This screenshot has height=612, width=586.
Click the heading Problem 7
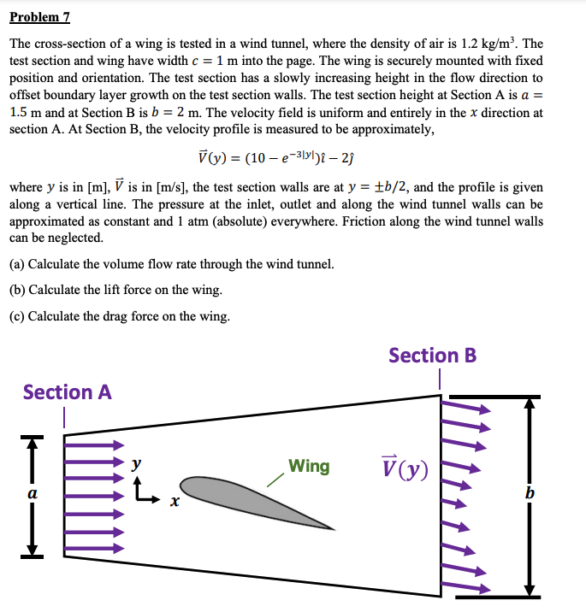coord(39,17)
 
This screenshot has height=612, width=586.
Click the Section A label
coord(67,391)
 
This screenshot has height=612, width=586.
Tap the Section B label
coord(432,355)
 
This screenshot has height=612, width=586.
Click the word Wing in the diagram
coord(309,466)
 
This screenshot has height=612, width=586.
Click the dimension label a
coord(33,493)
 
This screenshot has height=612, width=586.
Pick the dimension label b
coord(531,493)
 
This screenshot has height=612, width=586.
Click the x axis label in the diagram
coord(173,504)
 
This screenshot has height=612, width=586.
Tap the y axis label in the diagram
coord(135,464)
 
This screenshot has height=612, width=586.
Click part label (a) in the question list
coord(17,263)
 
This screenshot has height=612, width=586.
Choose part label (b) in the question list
coord(17,290)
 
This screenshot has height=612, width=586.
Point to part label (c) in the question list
coord(17,316)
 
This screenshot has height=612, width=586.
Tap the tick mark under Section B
coord(439,378)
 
